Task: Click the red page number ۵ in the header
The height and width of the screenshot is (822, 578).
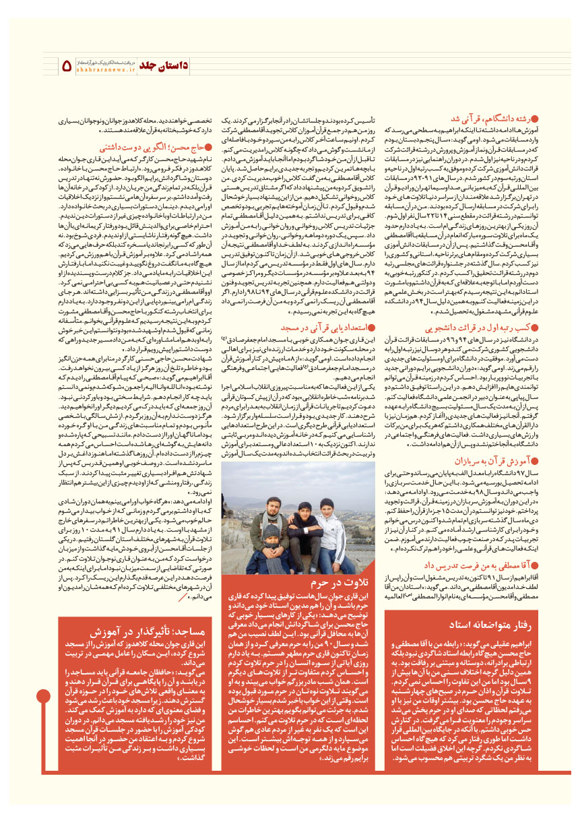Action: [67, 66]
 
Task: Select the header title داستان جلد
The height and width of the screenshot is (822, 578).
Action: [170, 65]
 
